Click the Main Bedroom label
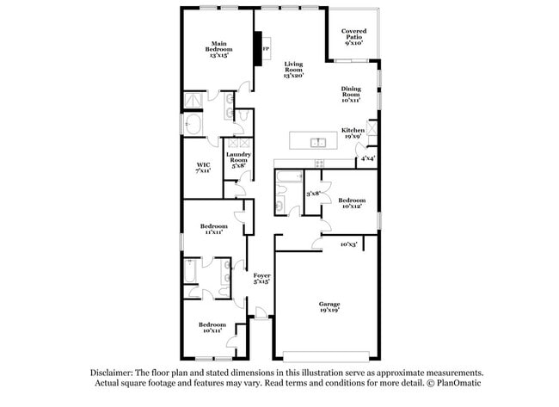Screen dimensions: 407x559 [x=219, y=47]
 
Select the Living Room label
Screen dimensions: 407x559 [x=295, y=70]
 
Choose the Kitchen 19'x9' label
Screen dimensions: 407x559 [x=353, y=133]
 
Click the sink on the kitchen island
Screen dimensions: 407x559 [x=317, y=142]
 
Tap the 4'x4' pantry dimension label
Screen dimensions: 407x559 [x=367, y=158]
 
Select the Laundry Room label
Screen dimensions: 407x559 [x=237, y=159]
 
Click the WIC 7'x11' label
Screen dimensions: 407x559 [x=203, y=168]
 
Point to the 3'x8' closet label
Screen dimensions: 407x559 [x=313, y=194]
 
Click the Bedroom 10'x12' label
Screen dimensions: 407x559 [x=351, y=202]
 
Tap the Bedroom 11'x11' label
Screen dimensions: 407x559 [x=215, y=229]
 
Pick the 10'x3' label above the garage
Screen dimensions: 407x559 [x=348, y=244]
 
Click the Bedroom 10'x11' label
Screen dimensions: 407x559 [x=213, y=326]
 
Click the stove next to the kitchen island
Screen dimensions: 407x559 [x=319, y=162]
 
